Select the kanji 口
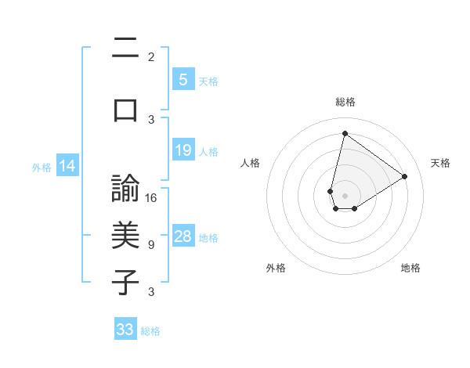[x=125, y=110]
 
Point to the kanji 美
[x=125, y=236]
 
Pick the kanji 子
[x=125, y=282]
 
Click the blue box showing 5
[x=183, y=79]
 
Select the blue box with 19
[x=183, y=150]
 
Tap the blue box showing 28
[x=183, y=236]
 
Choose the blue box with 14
[x=67, y=166]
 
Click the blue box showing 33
[x=125, y=330]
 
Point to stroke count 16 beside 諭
[x=151, y=198]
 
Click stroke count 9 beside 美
[x=151, y=245]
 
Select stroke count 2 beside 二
[x=151, y=57]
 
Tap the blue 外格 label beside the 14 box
[x=42, y=167]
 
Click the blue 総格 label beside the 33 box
[x=150, y=331]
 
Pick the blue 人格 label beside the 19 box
[x=208, y=151]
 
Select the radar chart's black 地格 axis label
[x=410, y=268]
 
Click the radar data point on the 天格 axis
[x=404, y=177]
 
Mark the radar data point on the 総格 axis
[x=345, y=134]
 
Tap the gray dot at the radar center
[x=345, y=194]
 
